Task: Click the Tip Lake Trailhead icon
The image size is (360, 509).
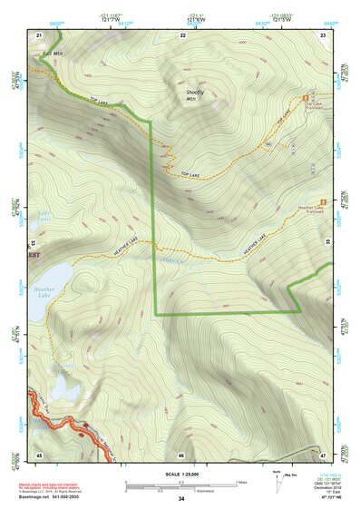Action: click(305, 97)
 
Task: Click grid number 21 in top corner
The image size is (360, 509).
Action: click(39, 34)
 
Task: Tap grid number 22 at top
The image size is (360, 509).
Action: click(182, 34)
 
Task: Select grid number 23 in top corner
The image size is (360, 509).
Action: click(323, 34)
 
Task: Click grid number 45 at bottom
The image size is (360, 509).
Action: click(39, 454)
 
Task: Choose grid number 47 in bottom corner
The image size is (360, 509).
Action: click(322, 454)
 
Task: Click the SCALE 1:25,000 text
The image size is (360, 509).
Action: click(181, 474)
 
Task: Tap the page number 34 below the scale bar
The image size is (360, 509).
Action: click(181, 500)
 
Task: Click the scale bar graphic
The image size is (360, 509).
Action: click(181, 485)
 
